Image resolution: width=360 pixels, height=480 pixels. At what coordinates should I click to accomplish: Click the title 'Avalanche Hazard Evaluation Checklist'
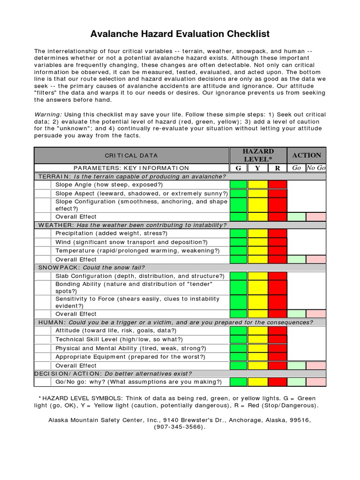point(180,34)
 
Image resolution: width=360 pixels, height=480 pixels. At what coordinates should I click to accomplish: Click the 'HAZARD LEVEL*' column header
point(258,155)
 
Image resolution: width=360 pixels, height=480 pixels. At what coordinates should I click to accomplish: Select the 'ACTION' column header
point(307,155)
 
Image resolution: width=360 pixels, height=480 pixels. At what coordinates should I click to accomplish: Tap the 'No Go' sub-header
point(316,168)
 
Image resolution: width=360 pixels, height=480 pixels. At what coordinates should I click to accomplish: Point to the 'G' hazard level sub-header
point(238,168)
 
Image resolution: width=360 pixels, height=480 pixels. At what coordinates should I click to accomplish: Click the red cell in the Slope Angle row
point(277,185)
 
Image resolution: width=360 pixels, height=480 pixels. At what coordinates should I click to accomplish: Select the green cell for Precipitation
point(239,233)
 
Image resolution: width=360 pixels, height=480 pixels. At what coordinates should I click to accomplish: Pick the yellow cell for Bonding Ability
point(258,287)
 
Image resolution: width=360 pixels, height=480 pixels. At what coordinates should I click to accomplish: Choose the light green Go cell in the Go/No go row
point(297,382)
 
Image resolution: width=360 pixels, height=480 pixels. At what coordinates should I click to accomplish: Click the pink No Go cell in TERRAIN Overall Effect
point(316,217)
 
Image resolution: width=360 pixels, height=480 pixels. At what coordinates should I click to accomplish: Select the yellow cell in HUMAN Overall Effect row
point(258,366)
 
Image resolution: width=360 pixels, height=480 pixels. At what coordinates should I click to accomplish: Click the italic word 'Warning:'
point(48,114)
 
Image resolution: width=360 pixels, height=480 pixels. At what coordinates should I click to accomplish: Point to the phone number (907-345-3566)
point(180,427)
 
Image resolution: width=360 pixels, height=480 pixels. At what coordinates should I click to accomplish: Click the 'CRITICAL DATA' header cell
point(131,155)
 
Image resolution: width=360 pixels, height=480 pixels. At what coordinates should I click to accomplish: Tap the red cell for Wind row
point(277,242)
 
